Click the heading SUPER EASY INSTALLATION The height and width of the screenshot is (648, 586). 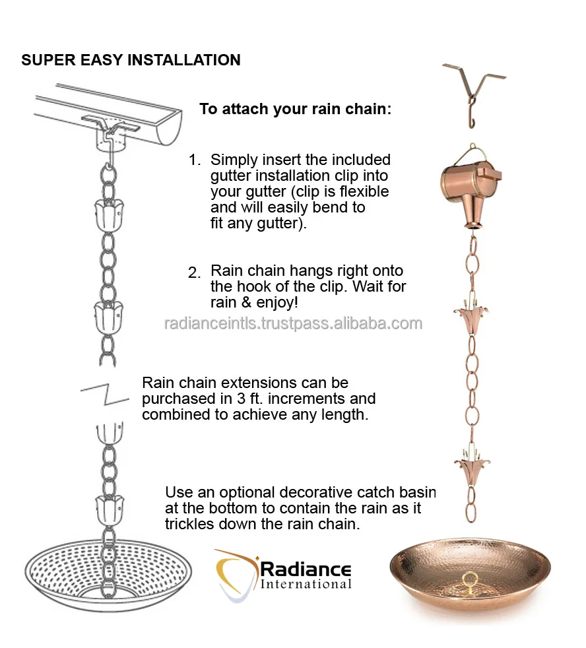tap(131, 60)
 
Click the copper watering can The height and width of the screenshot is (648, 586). tap(471, 186)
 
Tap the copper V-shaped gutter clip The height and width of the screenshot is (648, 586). tap(474, 94)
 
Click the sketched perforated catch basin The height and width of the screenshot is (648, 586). tap(108, 575)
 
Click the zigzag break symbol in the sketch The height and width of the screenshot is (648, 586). tap(104, 394)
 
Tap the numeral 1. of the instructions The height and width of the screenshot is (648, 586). tap(195, 160)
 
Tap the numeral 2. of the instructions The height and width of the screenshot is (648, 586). tap(194, 273)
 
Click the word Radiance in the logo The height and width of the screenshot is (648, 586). tap(306, 569)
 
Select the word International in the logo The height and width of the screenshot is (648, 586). tap(306, 584)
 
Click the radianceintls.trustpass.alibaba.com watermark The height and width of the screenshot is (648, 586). tap(294, 323)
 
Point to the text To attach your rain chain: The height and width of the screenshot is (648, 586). tap(295, 109)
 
